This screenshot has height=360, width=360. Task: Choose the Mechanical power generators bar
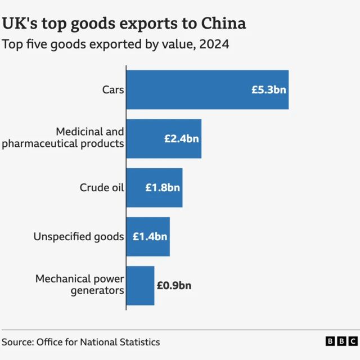pos(140,285)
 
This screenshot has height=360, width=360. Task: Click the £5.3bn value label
pos(269,89)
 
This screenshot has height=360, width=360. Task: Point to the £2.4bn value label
pos(181,138)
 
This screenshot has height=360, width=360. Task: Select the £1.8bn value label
pos(163,187)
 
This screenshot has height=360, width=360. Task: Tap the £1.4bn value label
pos(150,236)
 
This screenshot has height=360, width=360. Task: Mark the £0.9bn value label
pos(174,285)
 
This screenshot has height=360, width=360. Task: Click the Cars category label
pos(112,89)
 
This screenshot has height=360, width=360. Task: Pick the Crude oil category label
pos(101,187)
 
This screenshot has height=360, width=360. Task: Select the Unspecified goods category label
pos(78,236)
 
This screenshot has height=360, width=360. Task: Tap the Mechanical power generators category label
pos(79,285)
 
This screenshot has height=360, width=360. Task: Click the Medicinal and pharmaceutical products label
pos(63,138)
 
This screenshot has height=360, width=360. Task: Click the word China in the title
pos(218,24)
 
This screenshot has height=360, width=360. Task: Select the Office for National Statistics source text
pos(98,342)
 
